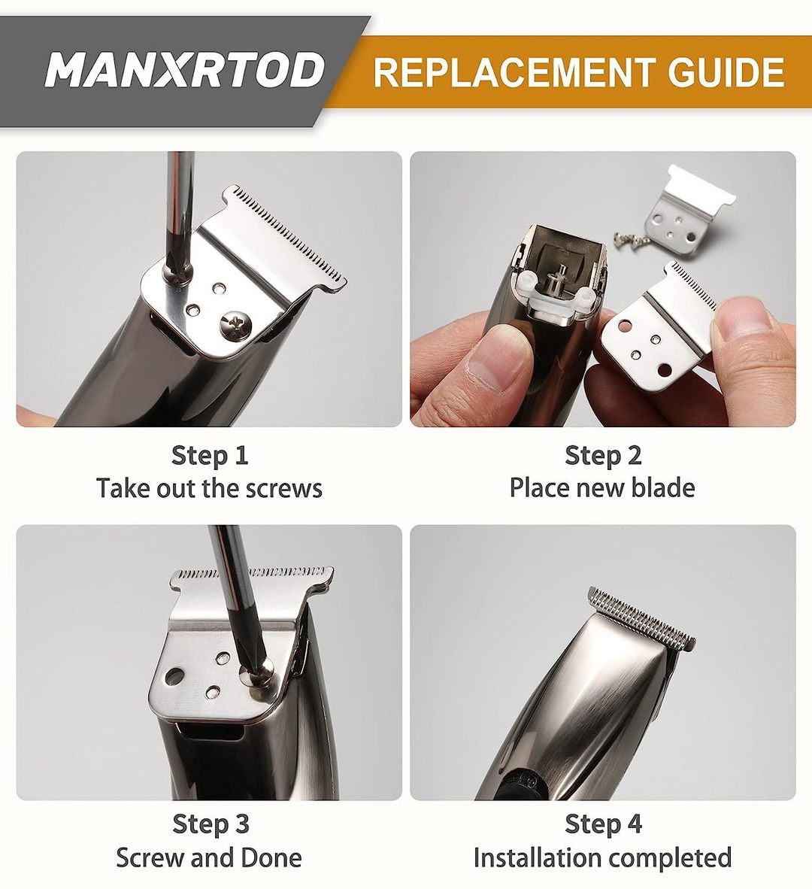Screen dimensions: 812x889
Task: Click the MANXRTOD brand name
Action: tap(185, 70)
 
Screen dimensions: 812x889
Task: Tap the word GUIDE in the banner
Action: tap(726, 72)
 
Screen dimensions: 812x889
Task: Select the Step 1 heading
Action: tap(210, 455)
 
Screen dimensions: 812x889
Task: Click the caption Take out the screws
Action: tap(209, 488)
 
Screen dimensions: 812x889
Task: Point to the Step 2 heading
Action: tap(603, 455)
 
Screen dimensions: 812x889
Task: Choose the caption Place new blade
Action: tap(601, 487)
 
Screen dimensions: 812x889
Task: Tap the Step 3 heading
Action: tap(211, 824)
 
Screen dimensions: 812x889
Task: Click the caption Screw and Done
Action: tap(209, 857)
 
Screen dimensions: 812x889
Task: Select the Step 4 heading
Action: tap(604, 824)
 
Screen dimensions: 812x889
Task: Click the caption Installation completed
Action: tap(602, 858)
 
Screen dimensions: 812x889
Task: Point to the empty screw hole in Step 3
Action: tap(174, 676)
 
